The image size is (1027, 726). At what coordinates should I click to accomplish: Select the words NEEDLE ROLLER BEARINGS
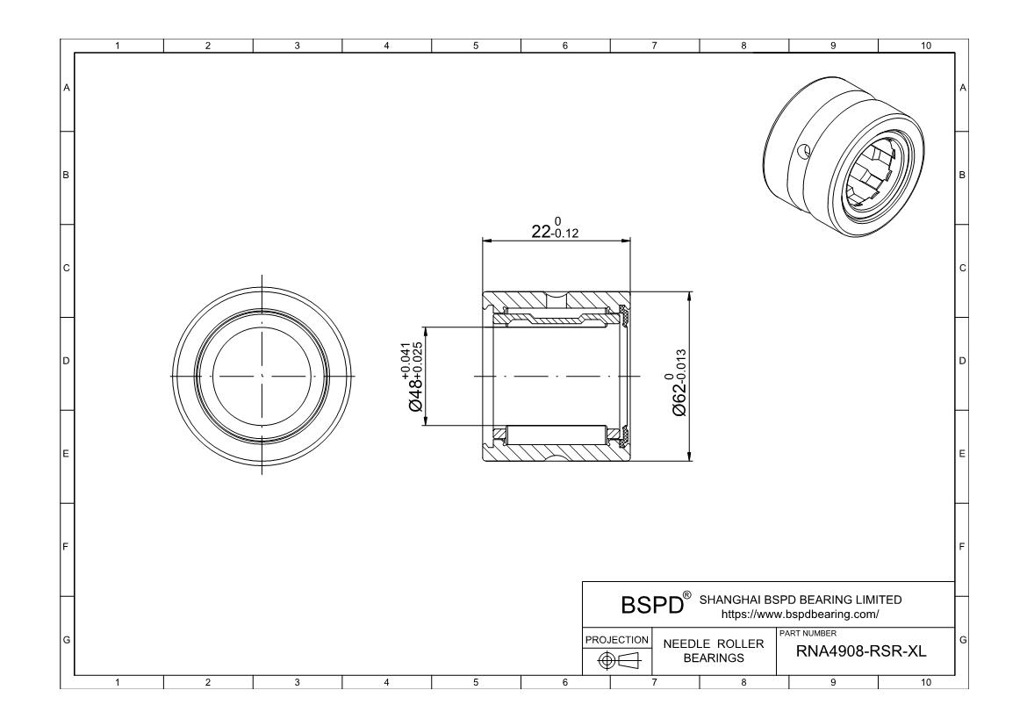713,651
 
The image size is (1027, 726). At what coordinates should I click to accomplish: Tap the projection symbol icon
617,660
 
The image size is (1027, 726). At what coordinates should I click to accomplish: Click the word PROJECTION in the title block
617,639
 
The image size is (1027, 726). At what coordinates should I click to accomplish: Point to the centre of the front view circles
262,376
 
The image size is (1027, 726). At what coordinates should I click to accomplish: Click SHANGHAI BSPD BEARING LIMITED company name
799,600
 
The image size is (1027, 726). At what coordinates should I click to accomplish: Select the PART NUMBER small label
802,634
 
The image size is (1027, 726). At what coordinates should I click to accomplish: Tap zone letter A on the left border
66,88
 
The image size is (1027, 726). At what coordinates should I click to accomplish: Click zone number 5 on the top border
475,45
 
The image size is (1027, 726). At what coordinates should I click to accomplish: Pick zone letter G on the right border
964,640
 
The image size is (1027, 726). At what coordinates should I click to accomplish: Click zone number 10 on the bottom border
922,683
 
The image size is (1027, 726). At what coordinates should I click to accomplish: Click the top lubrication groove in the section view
557,296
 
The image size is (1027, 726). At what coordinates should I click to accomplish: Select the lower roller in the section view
558,434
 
